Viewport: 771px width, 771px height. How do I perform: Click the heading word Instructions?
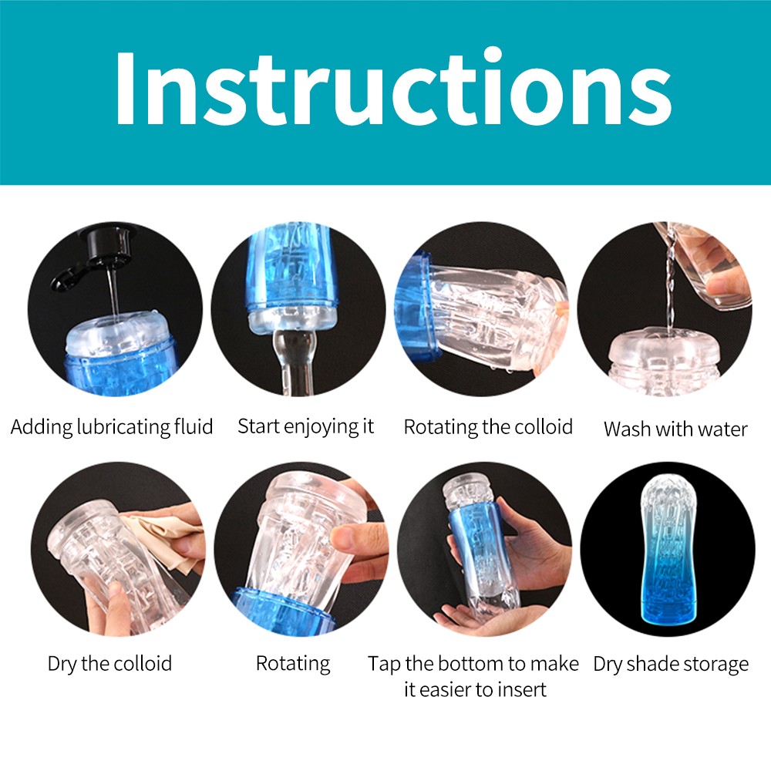(394, 88)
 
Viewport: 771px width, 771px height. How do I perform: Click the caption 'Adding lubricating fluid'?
(112, 427)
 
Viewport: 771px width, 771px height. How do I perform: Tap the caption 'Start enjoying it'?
(306, 426)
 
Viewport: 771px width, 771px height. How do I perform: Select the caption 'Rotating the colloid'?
(488, 427)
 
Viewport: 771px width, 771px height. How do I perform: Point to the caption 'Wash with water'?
(675, 429)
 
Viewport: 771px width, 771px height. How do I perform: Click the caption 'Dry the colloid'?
(109, 663)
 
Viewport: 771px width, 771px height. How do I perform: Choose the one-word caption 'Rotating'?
(293, 664)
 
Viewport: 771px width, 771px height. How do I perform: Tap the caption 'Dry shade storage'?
(671, 665)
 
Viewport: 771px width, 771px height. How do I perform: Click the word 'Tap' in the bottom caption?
(384, 665)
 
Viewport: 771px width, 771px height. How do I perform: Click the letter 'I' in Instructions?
(125, 88)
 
